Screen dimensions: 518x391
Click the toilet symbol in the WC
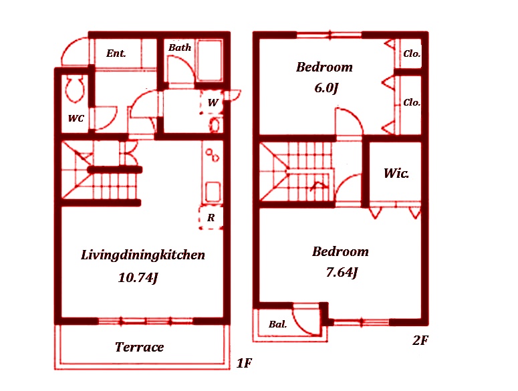(75, 88)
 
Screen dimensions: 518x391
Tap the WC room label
(76, 118)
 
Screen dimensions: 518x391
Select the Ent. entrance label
(116, 53)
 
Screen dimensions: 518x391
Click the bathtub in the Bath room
(209, 60)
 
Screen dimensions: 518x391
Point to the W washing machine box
(213, 102)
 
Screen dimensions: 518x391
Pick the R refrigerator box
(211, 218)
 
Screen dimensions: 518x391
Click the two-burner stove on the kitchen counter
(212, 155)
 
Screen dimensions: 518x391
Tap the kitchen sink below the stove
(213, 192)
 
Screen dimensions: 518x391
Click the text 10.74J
(138, 278)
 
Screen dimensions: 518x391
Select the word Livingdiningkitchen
(143, 255)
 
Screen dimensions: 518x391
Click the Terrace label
(139, 347)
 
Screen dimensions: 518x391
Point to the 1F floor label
(245, 363)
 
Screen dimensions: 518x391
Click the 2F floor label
(420, 340)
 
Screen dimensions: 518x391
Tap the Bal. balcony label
(277, 324)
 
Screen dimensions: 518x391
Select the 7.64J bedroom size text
(342, 273)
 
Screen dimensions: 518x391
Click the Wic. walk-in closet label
(396, 173)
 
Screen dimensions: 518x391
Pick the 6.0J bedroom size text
(326, 88)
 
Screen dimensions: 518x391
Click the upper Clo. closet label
(412, 53)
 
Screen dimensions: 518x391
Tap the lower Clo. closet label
(412, 102)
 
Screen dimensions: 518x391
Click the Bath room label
(180, 47)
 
